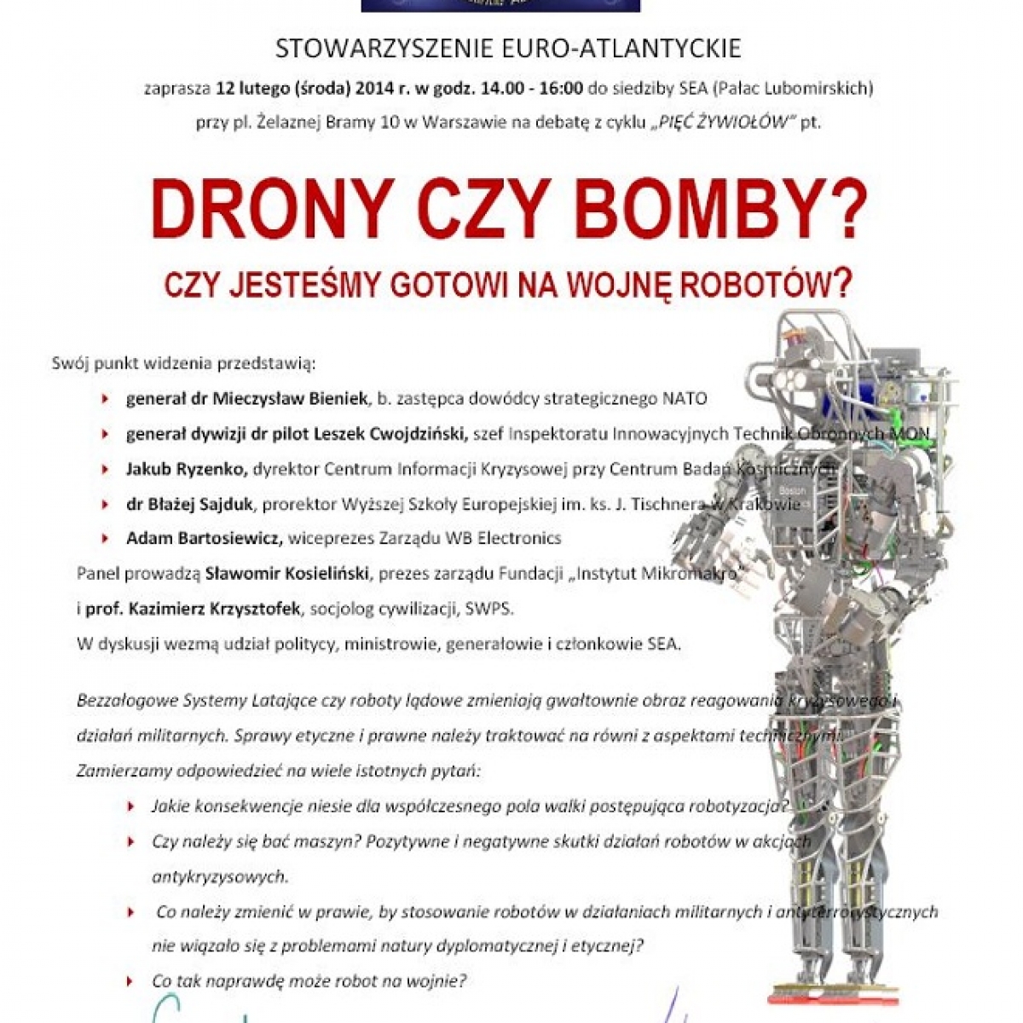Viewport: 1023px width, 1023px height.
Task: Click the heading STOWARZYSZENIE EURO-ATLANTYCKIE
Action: [x=508, y=49]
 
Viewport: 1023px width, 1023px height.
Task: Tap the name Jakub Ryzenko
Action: [x=187, y=468]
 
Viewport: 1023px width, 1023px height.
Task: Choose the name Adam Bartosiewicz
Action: [x=204, y=538]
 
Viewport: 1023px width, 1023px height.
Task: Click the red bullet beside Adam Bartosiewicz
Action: [x=105, y=538]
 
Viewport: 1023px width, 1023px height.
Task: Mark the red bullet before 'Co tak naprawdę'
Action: [x=130, y=981]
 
